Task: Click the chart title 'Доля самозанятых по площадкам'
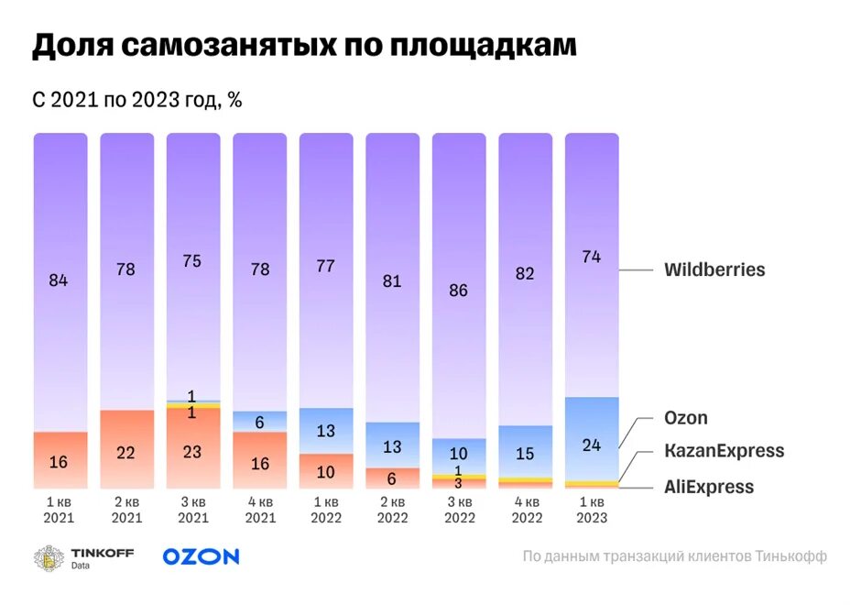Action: point(304,47)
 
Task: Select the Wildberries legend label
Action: point(714,270)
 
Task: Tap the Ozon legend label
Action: point(686,418)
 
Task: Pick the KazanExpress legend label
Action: point(724,451)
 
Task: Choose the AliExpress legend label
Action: point(708,487)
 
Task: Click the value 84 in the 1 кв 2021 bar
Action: point(59,280)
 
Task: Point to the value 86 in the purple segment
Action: point(458,291)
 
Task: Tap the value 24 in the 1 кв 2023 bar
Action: point(591,445)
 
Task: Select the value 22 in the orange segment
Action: point(125,453)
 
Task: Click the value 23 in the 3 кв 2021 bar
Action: point(192,451)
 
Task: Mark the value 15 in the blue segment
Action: point(524,453)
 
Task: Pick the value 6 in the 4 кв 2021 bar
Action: point(259,423)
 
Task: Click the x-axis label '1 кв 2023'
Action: point(591,510)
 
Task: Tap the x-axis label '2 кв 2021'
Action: point(126,510)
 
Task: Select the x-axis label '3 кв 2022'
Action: point(458,510)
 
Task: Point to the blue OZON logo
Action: point(201,556)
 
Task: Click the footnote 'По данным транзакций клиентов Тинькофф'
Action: point(674,556)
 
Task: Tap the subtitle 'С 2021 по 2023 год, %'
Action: point(137,100)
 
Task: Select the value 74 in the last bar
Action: point(591,258)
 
